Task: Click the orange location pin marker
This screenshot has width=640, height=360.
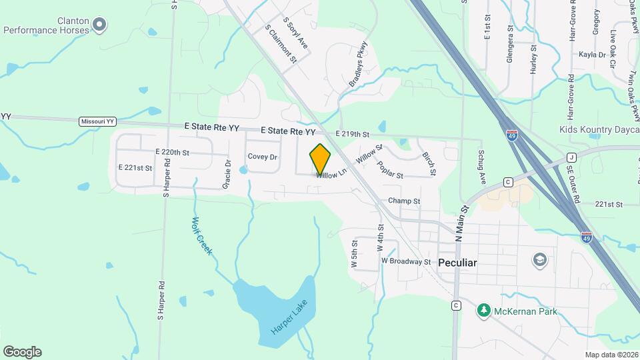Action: pos(320,159)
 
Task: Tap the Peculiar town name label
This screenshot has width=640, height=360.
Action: pos(457,263)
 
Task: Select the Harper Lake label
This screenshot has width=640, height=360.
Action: pos(291,321)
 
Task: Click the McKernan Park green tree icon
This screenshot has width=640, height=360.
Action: pos(484,310)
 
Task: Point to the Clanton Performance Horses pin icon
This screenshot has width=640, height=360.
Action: pos(99,25)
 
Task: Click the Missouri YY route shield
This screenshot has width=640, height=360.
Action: pos(97,121)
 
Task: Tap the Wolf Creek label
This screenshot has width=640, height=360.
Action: pos(201,236)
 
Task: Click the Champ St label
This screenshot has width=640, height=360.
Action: pos(404,201)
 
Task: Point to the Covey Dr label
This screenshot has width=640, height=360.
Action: pos(262,157)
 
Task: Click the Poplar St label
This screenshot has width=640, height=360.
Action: pos(390,170)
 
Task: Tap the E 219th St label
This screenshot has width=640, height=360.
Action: pos(352,134)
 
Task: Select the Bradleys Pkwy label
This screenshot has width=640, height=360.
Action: pos(359,65)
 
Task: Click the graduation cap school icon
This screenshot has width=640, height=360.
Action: pos(539,259)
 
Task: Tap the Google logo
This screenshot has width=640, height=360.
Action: pos(22,351)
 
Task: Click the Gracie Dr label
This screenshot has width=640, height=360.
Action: pos(228,173)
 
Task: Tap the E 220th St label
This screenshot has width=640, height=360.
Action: pos(172,152)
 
